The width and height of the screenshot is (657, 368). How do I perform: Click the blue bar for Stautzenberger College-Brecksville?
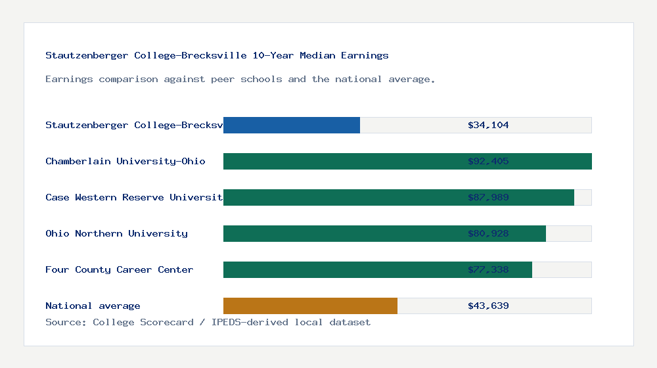click(x=292, y=125)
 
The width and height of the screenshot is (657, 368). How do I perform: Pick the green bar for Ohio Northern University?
click(x=342, y=233)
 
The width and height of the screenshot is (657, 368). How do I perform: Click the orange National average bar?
click(x=310, y=306)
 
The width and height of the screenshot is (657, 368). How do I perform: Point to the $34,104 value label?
click(x=488, y=125)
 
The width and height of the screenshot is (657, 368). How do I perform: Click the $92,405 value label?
click(x=488, y=161)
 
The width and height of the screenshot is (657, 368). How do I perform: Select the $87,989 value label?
click(x=488, y=197)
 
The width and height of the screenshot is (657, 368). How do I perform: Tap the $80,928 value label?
click(x=488, y=233)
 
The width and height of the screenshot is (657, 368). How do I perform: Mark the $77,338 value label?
click(x=488, y=269)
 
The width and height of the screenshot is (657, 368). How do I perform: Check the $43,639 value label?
click(x=488, y=306)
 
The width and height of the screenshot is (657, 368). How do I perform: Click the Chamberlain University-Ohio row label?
click(x=125, y=161)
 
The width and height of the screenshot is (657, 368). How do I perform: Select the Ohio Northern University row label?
click(x=116, y=233)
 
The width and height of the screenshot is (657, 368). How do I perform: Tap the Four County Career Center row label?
click(x=119, y=269)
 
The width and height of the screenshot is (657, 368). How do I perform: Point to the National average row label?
click(x=93, y=306)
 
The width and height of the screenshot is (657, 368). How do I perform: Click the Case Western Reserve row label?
click(x=134, y=197)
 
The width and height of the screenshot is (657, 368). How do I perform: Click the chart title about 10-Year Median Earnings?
click(x=217, y=55)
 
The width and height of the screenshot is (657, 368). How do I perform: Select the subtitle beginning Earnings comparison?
click(x=240, y=79)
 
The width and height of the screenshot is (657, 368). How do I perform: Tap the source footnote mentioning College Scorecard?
click(x=208, y=322)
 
